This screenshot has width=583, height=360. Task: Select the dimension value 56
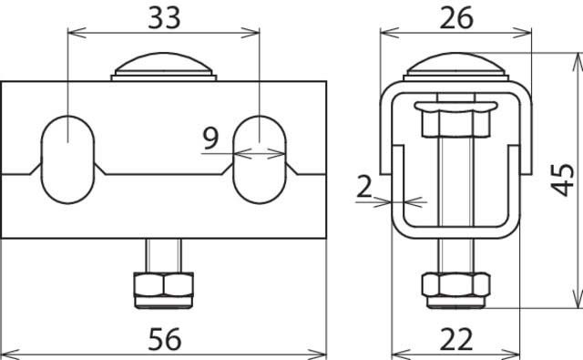(165, 338)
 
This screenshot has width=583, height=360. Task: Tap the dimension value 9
(210, 139)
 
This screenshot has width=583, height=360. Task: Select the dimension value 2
(364, 189)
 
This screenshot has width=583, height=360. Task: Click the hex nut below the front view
(165, 285)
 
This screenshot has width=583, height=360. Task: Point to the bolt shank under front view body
(165, 254)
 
